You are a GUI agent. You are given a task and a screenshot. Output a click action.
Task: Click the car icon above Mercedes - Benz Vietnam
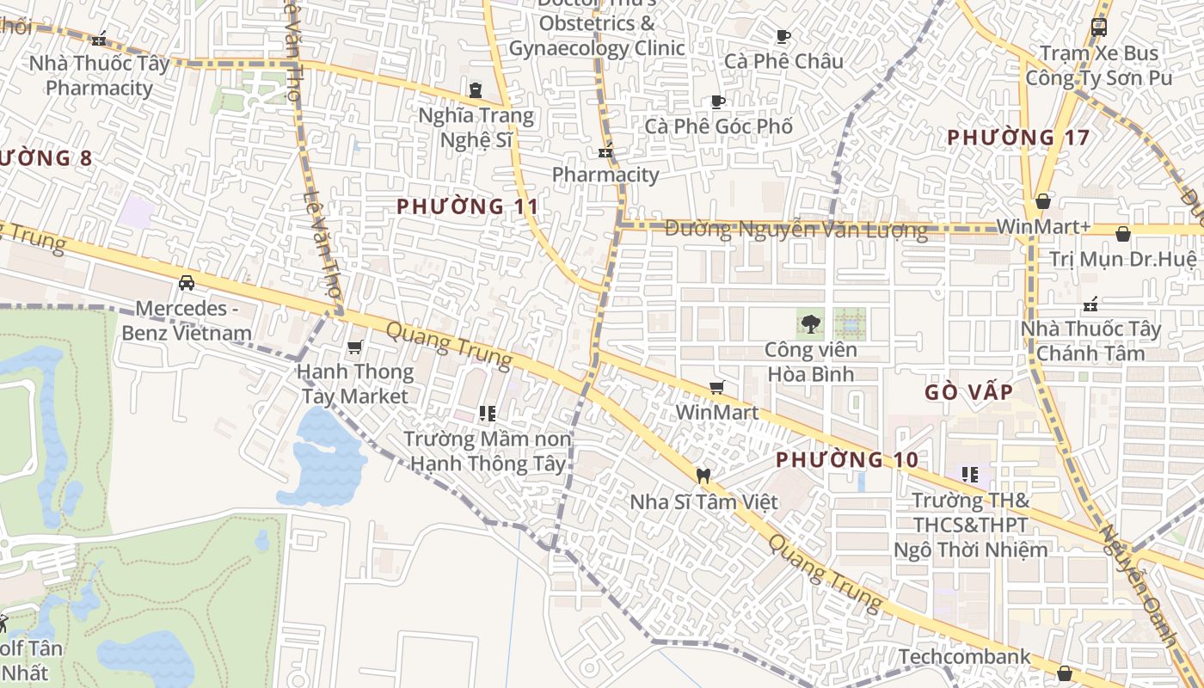click(186, 282)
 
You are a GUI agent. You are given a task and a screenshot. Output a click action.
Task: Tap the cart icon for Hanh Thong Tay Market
click(354, 347)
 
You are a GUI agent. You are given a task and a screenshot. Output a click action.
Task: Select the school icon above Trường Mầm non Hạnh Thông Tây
click(488, 414)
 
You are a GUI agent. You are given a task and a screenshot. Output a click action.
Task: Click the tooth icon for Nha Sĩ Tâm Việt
click(703, 476)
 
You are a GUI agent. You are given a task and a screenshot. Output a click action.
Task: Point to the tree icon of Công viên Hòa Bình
click(810, 324)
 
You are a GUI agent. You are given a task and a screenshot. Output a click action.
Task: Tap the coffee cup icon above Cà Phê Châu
click(783, 36)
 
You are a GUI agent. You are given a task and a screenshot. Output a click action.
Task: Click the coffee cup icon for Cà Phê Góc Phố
click(718, 101)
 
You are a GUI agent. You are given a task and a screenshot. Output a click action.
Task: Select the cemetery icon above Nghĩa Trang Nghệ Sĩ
click(475, 89)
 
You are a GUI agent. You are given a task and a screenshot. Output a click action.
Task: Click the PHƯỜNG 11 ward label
click(468, 206)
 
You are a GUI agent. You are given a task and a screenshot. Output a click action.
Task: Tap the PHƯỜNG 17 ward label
click(1018, 138)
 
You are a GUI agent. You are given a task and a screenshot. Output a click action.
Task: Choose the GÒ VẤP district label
click(968, 392)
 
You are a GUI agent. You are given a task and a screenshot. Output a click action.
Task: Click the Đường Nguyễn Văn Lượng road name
click(796, 230)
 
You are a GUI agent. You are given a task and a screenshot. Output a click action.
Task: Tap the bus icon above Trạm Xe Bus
click(1098, 27)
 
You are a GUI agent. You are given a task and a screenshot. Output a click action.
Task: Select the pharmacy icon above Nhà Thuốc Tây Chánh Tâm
click(1090, 304)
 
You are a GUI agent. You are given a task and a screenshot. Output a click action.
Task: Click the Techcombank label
click(964, 657)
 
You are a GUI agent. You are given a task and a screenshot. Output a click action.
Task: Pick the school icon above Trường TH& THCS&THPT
click(970, 474)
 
